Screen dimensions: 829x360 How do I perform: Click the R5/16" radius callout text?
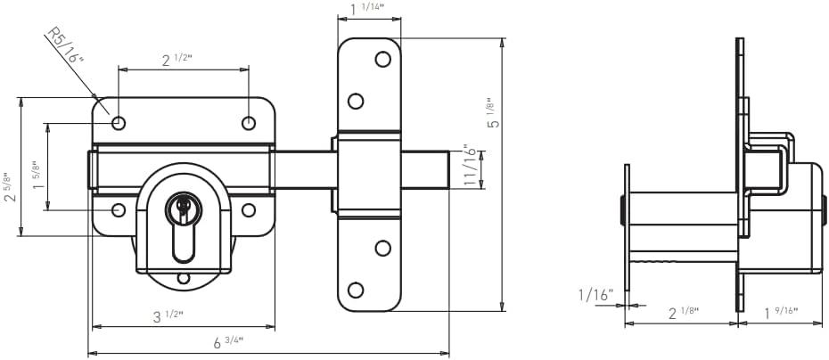(66, 46)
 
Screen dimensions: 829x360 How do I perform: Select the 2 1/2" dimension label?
(176, 60)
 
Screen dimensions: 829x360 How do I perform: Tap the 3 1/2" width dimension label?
(168, 316)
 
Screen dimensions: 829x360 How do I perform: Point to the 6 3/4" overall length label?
(228, 342)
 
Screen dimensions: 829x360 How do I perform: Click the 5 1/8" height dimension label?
(493, 112)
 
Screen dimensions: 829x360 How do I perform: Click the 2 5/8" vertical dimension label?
(10, 187)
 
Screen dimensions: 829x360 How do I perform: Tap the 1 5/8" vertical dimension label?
(37, 176)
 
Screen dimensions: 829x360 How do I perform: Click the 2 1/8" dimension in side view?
(684, 313)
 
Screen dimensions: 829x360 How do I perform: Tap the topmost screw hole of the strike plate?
(382, 59)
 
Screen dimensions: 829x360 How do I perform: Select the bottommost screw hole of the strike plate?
(356, 290)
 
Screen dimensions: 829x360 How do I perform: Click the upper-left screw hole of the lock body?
(119, 123)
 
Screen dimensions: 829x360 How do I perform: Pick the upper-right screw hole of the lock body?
(249, 123)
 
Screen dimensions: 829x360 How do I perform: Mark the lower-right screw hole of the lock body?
(249, 210)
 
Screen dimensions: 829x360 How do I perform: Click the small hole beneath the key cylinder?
(184, 278)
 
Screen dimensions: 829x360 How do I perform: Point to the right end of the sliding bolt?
(449, 169)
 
